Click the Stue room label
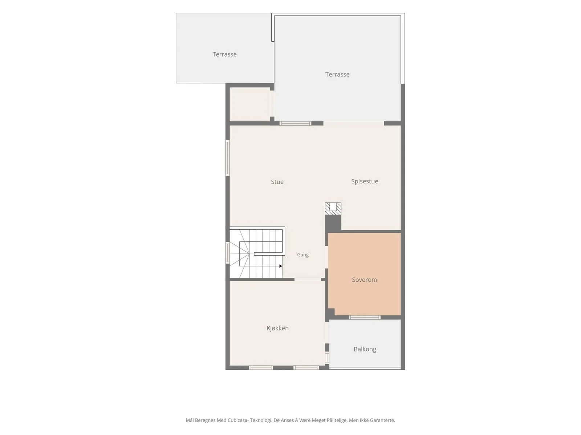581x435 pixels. coord(277,182)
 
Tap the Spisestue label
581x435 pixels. coord(365,182)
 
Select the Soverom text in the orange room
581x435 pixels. coord(364,280)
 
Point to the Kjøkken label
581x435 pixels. coord(277,328)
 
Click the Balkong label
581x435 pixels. coord(365,349)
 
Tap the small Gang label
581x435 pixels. coord(303,255)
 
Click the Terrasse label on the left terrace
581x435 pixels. coord(224,54)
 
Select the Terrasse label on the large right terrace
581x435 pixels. coord(337,74)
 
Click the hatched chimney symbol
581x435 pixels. coord(333,209)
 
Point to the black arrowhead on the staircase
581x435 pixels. coord(281,266)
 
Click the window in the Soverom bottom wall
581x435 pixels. coord(365,317)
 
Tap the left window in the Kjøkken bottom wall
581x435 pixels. coord(261,368)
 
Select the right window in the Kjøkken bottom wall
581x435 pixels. coord(306,368)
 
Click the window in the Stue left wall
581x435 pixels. coord(227,158)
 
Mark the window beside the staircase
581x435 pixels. coord(227,253)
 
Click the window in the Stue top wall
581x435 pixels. coord(295,123)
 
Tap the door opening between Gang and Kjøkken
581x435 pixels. coord(308,279)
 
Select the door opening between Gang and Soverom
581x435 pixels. coord(326,257)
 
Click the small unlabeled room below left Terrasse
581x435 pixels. coord(250,104)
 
